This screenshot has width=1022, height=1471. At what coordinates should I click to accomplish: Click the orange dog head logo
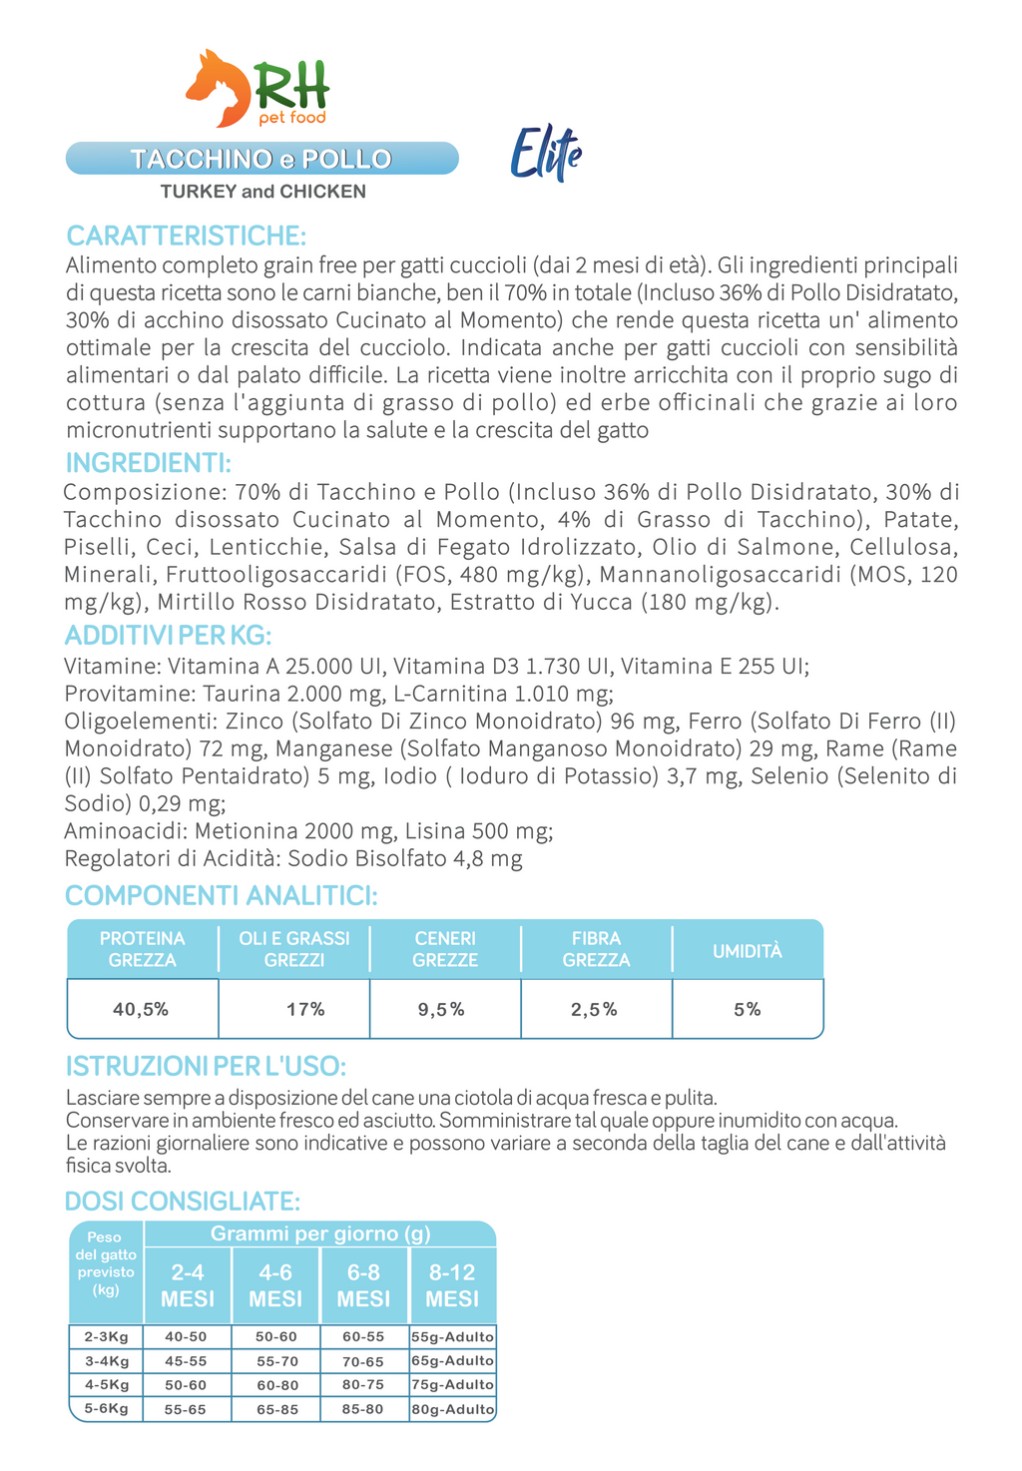point(219,88)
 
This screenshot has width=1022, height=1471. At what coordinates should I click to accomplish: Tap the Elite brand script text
point(545,155)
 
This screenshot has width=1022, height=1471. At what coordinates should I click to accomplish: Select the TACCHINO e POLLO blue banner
point(261,159)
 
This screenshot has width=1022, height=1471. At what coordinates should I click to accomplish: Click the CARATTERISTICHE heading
point(186,236)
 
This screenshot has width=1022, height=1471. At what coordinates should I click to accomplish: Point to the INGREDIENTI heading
point(148,463)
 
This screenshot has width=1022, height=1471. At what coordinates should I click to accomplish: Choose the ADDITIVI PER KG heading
point(168,636)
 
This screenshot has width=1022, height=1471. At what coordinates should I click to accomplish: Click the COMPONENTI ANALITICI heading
point(221,895)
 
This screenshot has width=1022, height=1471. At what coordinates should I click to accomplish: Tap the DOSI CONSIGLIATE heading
point(182,1201)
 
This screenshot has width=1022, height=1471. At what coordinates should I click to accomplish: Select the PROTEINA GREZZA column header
point(143,949)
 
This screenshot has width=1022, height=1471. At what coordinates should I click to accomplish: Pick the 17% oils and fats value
point(305,1009)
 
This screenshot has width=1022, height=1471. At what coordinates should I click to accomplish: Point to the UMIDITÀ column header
point(748,951)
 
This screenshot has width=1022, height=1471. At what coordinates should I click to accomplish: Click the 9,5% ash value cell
point(441,1009)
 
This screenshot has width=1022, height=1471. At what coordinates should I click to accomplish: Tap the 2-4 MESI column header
point(188,1285)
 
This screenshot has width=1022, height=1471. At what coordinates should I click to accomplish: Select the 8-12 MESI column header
point(452,1285)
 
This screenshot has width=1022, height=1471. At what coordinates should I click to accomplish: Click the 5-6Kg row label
point(107,1408)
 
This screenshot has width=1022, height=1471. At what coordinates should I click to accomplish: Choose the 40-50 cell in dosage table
point(186,1337)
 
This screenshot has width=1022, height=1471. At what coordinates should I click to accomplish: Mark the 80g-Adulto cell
point(452,1409)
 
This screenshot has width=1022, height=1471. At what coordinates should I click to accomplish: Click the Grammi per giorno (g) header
point(320,1233)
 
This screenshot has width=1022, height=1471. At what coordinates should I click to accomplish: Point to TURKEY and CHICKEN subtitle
point(263,192)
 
